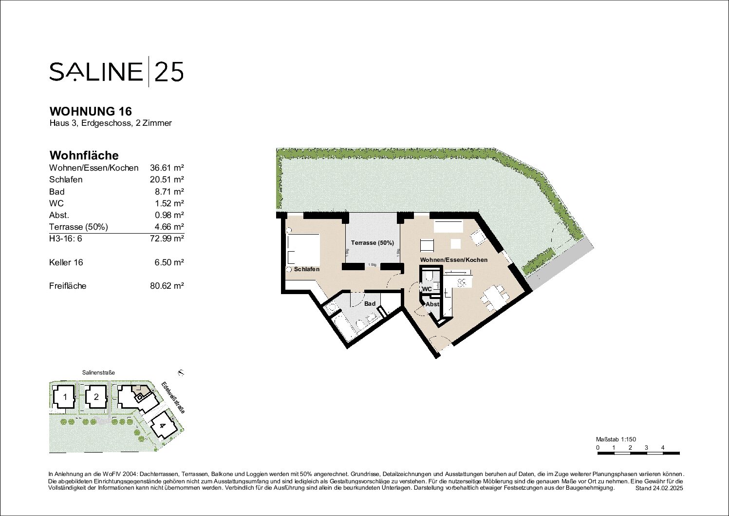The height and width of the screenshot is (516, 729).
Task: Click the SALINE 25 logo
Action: click(116, 71)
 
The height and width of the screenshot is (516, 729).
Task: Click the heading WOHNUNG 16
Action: click(91, 112)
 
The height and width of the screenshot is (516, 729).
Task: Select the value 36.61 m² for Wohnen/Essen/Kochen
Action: click(167, 168)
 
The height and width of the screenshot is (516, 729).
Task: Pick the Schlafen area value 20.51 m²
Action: click(167, 179)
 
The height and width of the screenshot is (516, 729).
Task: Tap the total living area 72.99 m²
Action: click(167, 238)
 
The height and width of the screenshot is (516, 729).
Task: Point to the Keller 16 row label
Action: click(66, 262)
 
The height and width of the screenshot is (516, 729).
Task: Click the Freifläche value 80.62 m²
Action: click(167, 286)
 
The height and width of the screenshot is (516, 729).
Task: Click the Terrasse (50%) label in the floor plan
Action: click(373, 243)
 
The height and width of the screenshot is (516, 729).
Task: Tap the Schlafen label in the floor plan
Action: click(307, 269)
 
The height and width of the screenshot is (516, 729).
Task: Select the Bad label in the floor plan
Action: click(370, 304)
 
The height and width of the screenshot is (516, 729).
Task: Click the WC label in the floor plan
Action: click(427, 289)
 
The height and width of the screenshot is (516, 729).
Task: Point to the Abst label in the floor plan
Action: click(432, 304)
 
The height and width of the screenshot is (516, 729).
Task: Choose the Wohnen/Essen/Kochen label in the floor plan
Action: click(454, 260)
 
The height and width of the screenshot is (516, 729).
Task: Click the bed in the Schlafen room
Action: click(303, 249)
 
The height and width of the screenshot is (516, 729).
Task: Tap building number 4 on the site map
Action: click(162, 426)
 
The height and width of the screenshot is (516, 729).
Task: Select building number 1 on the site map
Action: click(65, 397)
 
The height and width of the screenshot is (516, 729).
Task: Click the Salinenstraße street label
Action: click(98, 372)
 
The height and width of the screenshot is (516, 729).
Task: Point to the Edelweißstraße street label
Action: click(173, 397)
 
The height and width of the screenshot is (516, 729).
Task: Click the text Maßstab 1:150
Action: click(616, 439)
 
